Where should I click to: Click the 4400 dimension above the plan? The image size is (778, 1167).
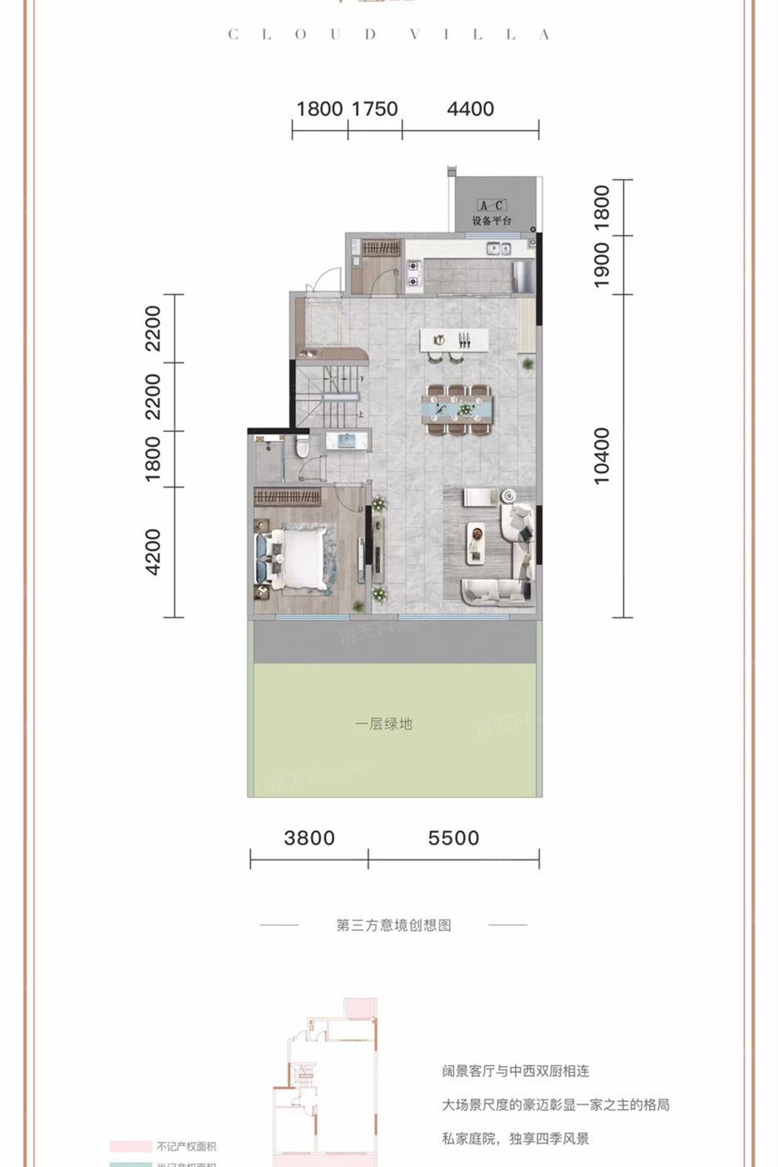(x=470, y=109)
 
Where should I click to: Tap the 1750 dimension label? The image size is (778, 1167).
(x=374, y=109)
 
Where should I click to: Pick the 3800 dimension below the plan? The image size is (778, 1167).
(x=309, y=838)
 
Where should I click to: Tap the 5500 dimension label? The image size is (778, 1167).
(x=454, y=838)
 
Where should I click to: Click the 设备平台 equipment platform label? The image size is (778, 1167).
(x=492, y=221)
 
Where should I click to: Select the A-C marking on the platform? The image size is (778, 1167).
(x=491, y=205)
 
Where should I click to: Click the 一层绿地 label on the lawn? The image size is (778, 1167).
(x=384, y=724)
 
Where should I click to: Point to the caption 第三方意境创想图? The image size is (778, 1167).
(x=394, y=925)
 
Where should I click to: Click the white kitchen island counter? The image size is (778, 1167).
(x=454, y=339)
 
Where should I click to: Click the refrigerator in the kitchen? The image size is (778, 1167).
(x=522, y=276)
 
